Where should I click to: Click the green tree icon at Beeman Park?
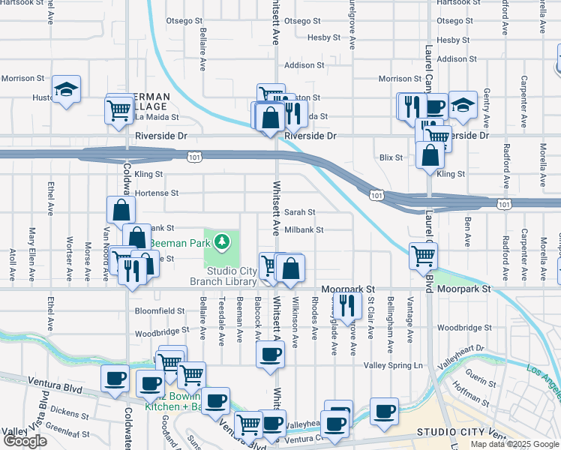(x=221, y=241)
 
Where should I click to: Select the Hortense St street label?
(x=157, y=193)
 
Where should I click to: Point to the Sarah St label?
(x=298, y=212)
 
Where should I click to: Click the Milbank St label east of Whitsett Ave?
(x=303, y=230)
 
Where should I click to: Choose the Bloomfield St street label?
(x=159, y=310)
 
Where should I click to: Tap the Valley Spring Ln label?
(x=394, y=365)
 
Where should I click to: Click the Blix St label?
(x=391, y=157)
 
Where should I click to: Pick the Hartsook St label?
(x=456, y=4)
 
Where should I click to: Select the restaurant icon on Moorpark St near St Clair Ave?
(x=346, y=304)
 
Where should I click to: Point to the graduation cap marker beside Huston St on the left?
(x=67, y=91)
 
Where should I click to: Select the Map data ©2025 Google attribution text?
(x=514, y=444)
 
